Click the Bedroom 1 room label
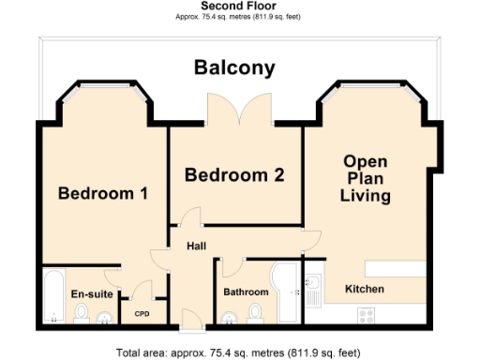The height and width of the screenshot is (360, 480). (x=103, y=194)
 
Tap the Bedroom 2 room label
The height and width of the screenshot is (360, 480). (x=234, y=174)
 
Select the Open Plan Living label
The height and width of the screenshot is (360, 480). (x=366, y=178)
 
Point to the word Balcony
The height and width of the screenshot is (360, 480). (x=234, y=67)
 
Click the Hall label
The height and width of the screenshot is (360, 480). (x=196, y=247)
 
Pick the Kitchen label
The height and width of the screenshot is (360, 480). (x=365, y=289)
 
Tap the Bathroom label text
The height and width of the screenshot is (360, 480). (x=246, y=292)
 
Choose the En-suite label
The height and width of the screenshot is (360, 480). (x=92, y=293)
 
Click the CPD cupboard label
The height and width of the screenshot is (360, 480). (x=142, y=314)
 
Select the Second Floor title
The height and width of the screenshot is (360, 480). (x=238, y=6)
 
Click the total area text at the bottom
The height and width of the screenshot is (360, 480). (x=238, y=353)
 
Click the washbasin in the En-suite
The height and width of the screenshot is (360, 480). (x=103, y=316)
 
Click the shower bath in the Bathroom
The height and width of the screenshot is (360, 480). (x=284, y=291)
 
